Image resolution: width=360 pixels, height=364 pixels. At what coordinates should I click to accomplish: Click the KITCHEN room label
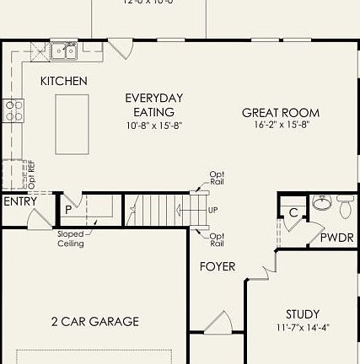tap(64, 81)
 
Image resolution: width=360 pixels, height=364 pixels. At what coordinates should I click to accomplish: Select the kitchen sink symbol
tap(64, 51)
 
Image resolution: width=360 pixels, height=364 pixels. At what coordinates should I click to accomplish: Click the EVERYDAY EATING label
tap(154, 104)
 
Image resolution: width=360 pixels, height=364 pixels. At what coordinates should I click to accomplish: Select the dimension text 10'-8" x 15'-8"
tap(154, 126)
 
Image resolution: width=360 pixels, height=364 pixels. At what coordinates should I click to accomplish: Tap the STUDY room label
tap(302, 313)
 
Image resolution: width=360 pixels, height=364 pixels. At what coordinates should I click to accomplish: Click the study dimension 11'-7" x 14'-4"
tap(302, 328)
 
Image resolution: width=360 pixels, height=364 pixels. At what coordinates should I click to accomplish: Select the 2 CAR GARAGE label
tap(94, 321)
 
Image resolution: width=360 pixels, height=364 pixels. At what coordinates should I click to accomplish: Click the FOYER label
tap(217, 267)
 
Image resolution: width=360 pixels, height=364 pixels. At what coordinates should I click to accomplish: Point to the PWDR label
tap(336, 238)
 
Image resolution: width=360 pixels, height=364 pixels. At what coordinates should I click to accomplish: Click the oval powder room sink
tap(321, 204)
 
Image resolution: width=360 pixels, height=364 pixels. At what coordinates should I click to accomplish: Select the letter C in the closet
tap(293, 213)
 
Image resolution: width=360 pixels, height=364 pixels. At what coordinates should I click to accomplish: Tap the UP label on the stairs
tap(212, 210)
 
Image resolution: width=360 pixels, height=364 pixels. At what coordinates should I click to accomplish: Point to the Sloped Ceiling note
tap(71, 238)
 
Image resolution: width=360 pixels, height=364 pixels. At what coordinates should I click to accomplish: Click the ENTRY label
tap(19, 201)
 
